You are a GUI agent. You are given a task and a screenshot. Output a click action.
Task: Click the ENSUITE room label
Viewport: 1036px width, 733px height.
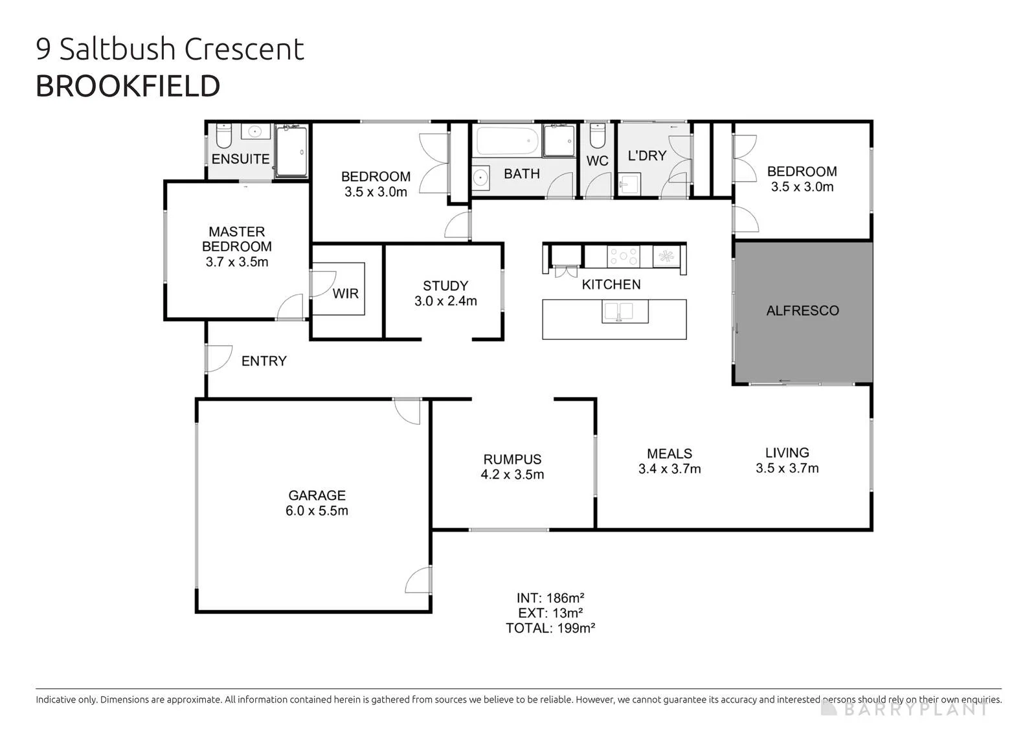click(x=240, y=159)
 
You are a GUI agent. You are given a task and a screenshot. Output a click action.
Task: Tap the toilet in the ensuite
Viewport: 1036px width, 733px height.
click(x=224, y=135)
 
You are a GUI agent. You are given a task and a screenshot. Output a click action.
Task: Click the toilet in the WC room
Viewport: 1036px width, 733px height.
click(x=598, y=135)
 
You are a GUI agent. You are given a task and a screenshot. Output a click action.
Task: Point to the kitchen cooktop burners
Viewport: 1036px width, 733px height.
click(x=624, y=256)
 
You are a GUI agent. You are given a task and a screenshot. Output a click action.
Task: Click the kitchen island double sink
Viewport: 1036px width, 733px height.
click(x=625, y=311)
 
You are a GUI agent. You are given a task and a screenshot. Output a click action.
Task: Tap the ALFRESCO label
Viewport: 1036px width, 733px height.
click(x=802, y=310)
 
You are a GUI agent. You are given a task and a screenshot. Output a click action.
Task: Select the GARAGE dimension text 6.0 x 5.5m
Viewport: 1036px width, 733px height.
click(x=317, y=510)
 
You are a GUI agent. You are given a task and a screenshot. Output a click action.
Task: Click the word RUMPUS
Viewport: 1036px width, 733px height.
click(x=512, y=459)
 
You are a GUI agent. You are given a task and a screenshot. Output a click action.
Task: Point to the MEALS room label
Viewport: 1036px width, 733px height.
click(x=670, y=454)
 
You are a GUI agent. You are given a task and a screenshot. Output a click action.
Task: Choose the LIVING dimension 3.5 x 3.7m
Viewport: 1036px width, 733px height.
click(x=787, y=468)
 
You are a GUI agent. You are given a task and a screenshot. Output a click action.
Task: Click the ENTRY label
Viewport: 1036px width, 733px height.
click(x=264, y=361)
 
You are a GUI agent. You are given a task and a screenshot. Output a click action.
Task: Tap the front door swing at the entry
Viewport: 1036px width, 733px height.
click(x=219, y=359)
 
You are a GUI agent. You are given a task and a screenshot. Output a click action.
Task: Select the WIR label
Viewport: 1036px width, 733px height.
click(x=346, y=294)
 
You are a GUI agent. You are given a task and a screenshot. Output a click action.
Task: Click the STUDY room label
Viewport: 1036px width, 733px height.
click(x=445, y=286)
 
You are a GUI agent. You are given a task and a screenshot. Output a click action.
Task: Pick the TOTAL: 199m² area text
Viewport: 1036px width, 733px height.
click(x=550, y=628)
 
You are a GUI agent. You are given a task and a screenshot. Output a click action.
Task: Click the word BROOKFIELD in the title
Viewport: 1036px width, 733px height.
click(x=128, y=86)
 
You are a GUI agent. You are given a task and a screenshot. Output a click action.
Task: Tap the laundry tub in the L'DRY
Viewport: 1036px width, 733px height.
click(x=629, y=183)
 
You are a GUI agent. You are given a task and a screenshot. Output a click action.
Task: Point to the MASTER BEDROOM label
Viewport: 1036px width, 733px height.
click(x=237, y=239)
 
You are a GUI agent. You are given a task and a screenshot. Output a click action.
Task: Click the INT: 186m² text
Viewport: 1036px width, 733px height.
click(x=550, y=598)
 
